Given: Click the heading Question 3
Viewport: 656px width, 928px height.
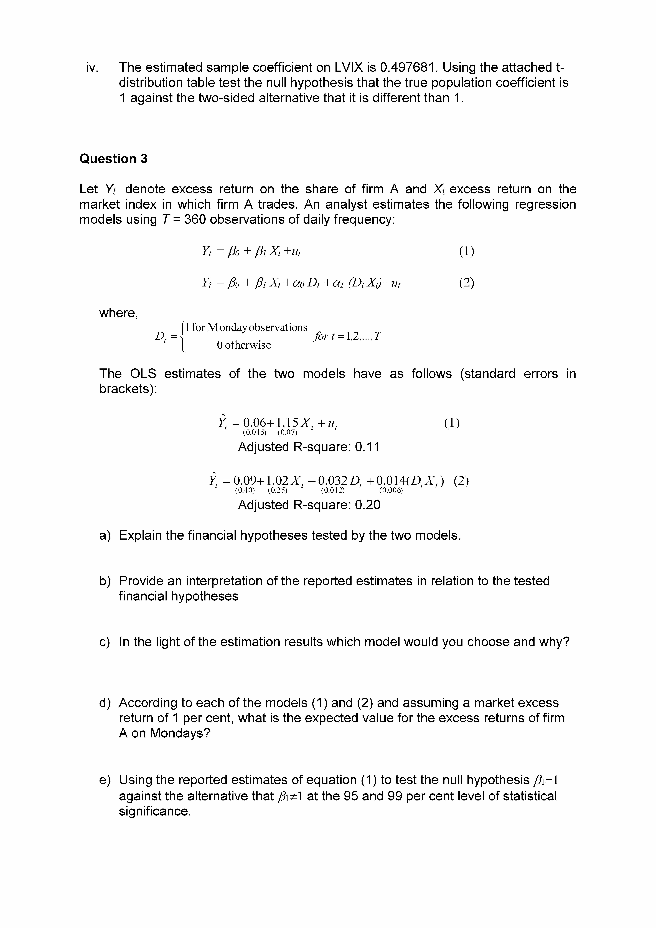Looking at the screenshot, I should (x=113, y=159).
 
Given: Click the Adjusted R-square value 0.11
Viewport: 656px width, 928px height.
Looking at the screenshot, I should (x=367, y=447).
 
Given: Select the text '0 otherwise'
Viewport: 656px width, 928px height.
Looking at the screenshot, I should (x=244, y=345).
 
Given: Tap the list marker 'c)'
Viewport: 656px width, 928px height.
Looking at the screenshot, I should (x=105, y=642).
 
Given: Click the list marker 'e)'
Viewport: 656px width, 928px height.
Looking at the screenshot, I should (x=105, y=780).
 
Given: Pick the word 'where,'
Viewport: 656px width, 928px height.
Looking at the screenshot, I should (x=119, y=313).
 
